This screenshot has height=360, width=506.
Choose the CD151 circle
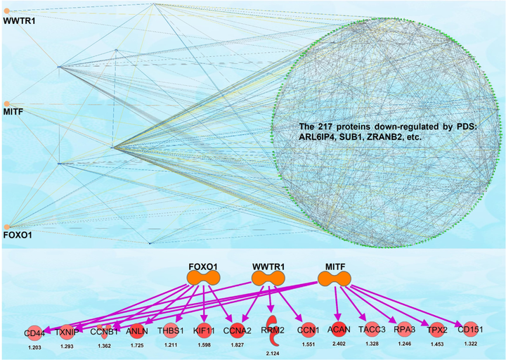click(x=469, y=329)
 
